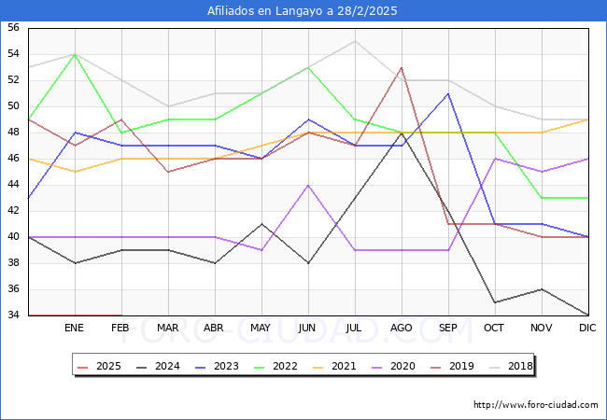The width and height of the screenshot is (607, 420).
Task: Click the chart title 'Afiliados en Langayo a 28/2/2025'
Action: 303,10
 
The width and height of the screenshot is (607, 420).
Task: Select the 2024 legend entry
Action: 155,366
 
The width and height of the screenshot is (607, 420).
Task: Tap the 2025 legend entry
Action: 96,366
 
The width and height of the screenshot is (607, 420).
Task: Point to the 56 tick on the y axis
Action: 13,28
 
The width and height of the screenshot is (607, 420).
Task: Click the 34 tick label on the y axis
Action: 13,315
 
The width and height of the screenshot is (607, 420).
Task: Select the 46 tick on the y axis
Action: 13,159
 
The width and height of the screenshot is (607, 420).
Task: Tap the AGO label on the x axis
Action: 402,329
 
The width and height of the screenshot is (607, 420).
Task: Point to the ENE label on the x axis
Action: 75,329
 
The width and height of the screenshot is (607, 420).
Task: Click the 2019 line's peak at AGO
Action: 402,67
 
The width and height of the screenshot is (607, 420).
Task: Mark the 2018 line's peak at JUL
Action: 355,41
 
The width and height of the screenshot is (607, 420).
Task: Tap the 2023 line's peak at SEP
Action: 448,93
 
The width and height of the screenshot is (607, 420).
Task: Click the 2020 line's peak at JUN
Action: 308,185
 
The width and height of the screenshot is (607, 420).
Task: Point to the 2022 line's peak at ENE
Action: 75,54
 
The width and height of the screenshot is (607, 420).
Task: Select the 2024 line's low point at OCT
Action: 495,302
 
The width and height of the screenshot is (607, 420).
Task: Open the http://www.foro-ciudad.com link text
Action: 535,405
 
